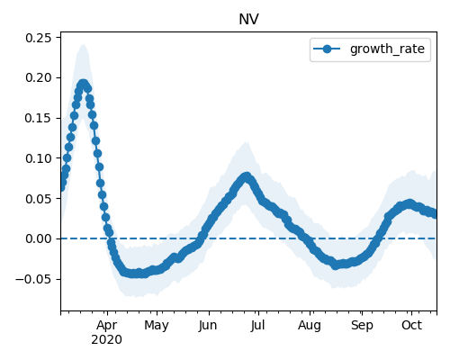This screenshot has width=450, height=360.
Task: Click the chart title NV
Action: point(248,20)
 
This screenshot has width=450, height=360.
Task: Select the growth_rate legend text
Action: point(387,49)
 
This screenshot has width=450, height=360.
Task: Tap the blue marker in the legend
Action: point(327,49)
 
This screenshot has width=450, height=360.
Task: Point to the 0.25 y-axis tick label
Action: point(38,38)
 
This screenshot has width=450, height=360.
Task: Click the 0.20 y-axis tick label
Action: point(38,78)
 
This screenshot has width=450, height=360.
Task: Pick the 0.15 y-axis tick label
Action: point(38,118)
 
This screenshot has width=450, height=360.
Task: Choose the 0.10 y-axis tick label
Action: point(38,158)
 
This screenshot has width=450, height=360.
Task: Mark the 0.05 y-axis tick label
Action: point(38,199)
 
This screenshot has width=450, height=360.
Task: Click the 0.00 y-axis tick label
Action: point(38,238)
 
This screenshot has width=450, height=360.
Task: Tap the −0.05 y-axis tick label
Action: point(33,279)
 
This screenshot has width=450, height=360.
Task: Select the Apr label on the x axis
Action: point(107,326)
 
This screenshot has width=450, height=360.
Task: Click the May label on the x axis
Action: point(157,326)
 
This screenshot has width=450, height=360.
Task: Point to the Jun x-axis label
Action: point(208,326)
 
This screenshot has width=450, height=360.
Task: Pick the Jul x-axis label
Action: point(258,326)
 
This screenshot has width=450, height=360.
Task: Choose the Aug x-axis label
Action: point(310,326)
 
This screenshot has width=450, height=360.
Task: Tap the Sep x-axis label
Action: point(362,326)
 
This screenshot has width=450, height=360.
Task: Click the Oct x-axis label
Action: point(412,326)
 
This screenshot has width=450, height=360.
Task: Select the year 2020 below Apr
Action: point(107,340)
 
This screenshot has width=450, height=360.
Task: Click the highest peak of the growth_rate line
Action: point(83,85)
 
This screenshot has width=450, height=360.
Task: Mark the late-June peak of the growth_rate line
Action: point(247,177)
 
